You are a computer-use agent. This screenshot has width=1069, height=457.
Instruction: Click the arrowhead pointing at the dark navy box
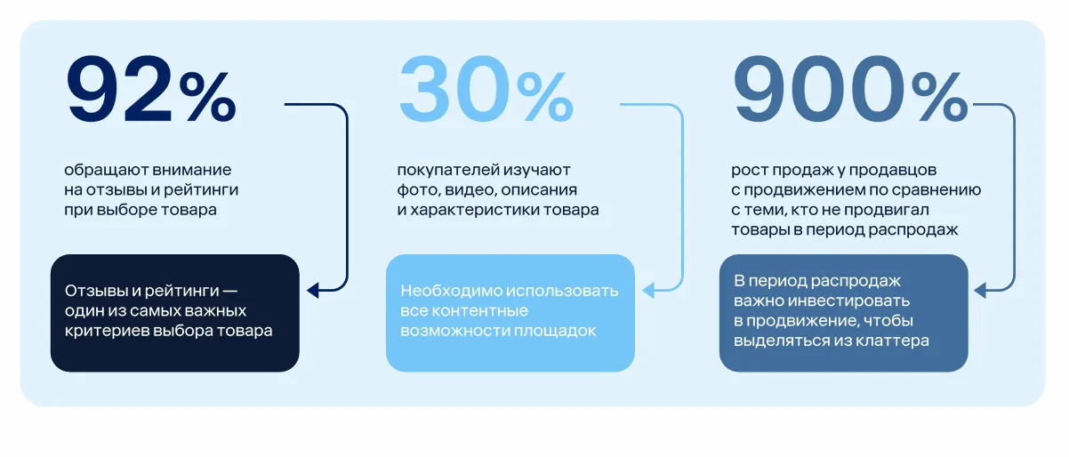[311, 289]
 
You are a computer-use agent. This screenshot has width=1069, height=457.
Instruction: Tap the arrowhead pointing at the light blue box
[647, 289]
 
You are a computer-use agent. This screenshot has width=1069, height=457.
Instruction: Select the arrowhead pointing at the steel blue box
[979, 289]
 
